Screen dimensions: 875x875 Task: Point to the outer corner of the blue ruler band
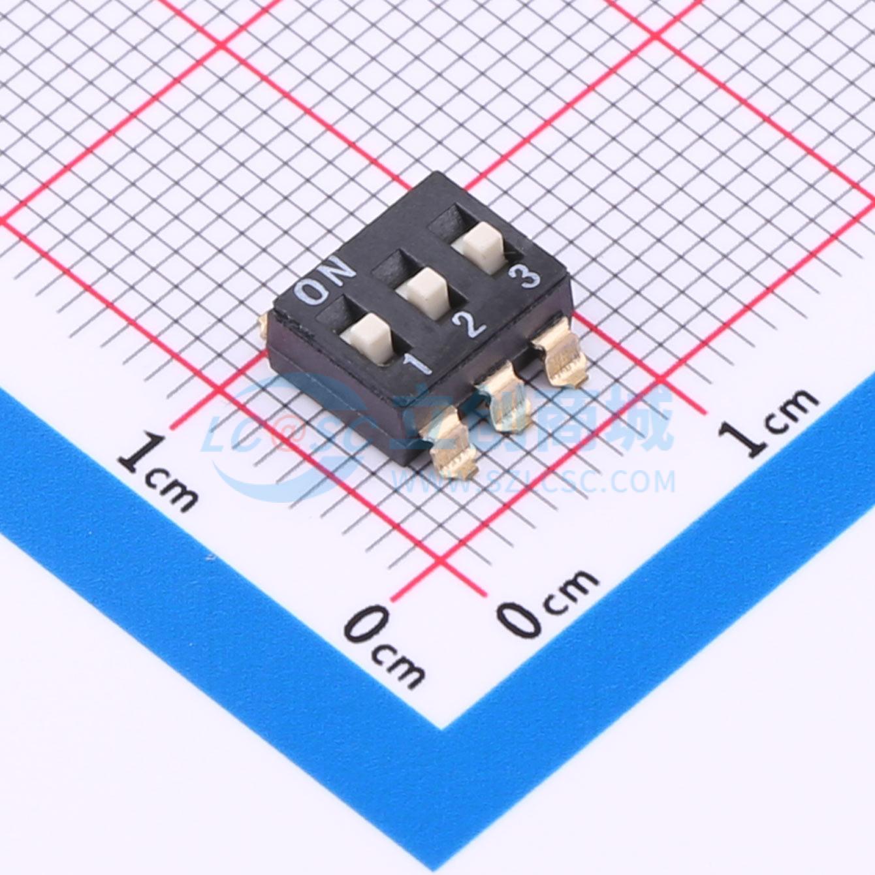443,727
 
